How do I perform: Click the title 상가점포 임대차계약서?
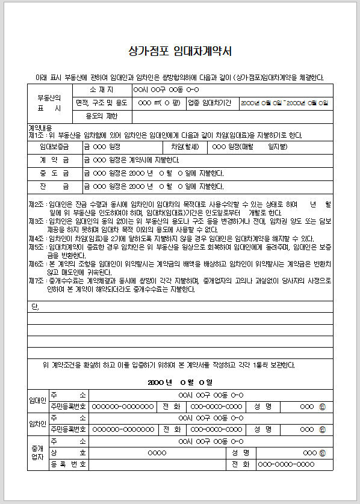tap(180, 52)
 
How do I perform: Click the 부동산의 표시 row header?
tap(49, 103)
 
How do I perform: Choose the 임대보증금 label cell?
tap(54, 146)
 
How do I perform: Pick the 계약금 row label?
tap(54, 160)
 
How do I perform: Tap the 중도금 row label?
tap(54, 173)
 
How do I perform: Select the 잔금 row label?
tap(54, 186)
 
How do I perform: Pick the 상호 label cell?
tap(68, 452)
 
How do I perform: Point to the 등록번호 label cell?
tap(68, 464)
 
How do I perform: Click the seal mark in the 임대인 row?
tap(323, 406)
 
